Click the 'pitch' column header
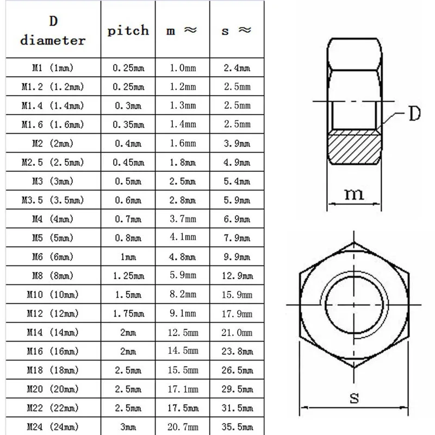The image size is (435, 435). [128, 30]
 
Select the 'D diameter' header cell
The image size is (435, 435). [52, 31]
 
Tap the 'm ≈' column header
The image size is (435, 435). [182, 30]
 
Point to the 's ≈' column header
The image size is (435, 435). [237, 30]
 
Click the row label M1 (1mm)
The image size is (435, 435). [52, 68]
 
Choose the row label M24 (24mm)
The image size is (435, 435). [52, 426]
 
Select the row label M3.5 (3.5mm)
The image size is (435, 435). [52, 200]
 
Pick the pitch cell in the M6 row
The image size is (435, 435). [128, 257]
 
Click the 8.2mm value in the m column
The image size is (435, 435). [182, 295]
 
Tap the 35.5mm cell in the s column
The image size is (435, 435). [237, 426]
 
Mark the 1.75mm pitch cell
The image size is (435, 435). [128, 314]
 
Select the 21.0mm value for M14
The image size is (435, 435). [237, 332]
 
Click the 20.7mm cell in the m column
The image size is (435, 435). [182, 426]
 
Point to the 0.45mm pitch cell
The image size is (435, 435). [128, 162]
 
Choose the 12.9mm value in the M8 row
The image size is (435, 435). [237, 276]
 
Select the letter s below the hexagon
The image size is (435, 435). [354, 399]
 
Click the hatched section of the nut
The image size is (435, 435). [353, 147]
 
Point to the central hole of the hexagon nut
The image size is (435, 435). [354, 303]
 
